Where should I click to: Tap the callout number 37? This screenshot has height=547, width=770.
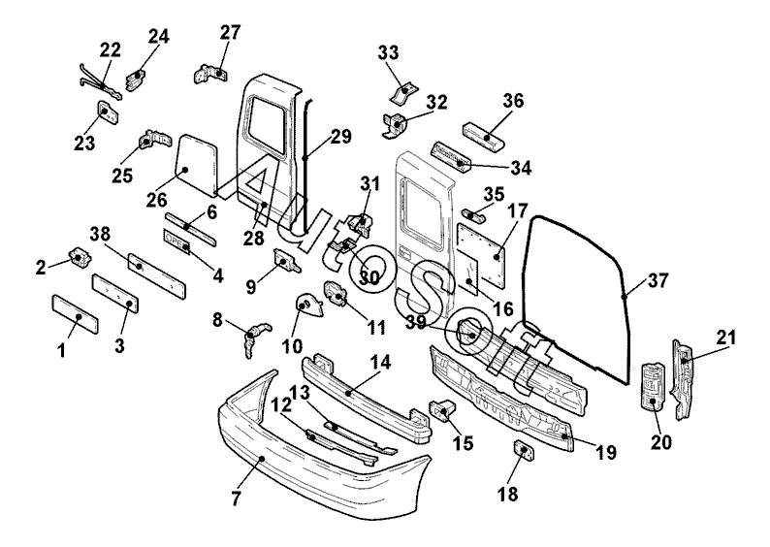coord(658,282)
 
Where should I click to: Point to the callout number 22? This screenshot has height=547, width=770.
coord(111,49)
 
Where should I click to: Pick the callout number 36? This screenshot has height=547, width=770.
coord(513,101)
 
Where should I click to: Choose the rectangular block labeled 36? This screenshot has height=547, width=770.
coord(485,133)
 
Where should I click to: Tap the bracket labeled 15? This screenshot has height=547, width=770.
coord(444,411)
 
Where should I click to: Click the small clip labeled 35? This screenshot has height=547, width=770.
coord(469,212)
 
